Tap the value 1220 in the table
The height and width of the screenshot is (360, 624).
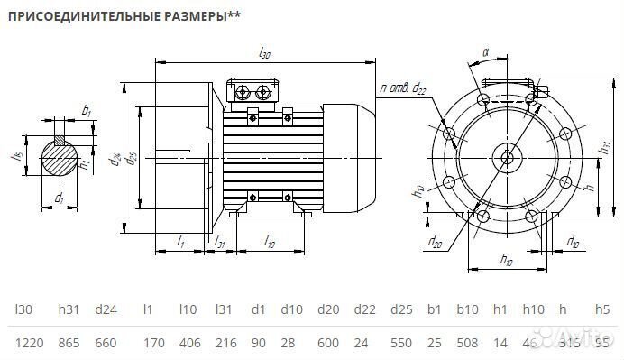pyautogui.click(x=27, y=344)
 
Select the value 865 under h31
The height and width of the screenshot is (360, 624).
pyautogui.click(x=70, y=344)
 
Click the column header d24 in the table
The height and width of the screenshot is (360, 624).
pyautogui.click(x=106, y=309)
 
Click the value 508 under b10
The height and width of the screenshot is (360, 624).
pyautogui.click(x=468, y=344)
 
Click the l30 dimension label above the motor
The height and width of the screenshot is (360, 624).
pyautogui.click(x=264, y=54)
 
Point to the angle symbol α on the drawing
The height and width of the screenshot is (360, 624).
pyautogui.click(x=485, y=53)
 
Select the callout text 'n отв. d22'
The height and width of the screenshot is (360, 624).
pyautogui.click(x=403, y=88)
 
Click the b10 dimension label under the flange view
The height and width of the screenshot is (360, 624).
pyautogui.click(x=506, y=261)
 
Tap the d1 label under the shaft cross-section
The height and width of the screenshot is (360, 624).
pyautogui.click(x=60, y=197)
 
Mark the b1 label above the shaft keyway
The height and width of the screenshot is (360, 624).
pyautogui.click(x=87, y=111)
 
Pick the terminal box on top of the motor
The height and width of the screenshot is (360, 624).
pyautogui.click(x=254, y=91)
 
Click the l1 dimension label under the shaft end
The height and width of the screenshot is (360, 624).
pyautogui.click(x=180, y=243)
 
